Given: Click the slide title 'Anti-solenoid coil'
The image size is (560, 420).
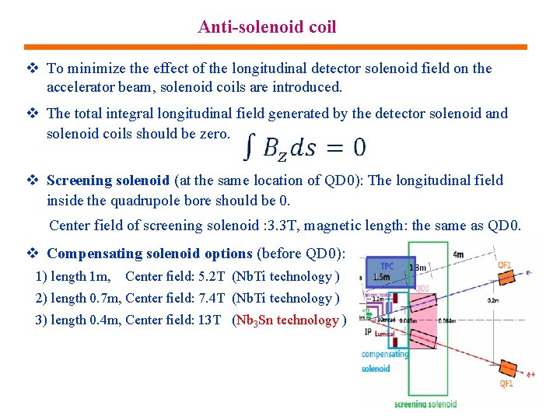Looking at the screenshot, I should [267, 27].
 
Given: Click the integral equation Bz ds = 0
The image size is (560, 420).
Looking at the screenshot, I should [304, 145].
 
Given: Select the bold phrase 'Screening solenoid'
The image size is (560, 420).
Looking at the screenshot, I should [108, 180].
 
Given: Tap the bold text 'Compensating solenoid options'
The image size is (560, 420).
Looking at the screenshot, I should [149, 254].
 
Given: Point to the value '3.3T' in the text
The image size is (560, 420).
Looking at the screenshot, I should [276, 226].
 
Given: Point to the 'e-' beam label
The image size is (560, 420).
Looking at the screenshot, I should [530, 273].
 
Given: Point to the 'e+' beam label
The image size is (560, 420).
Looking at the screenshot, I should [530, 375].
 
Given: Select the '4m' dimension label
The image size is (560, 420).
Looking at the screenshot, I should [458, 254].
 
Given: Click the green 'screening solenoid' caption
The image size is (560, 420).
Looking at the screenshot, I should [425, 404].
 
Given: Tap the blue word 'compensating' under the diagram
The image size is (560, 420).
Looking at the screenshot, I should [385, 355].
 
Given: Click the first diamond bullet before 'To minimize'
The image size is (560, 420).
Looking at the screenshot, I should [32, 68].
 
